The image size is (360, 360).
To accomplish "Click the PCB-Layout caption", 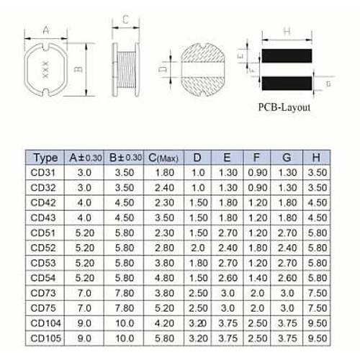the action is pyautogui.click(x=284, y=107).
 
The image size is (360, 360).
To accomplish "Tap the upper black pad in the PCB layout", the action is pyautogui.click(x=287, y=55).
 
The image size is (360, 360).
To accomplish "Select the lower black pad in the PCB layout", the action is pyautogui.click(x=287, y=84).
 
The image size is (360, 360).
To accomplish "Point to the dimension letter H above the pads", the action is pyautogui.click(x=287, y=32).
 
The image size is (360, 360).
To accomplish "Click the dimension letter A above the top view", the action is pyautogui.click(x=46, y=30).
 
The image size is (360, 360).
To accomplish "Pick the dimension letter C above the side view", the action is pyautogui.click(x=125, y=19).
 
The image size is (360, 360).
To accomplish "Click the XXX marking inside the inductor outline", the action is pyautogui.click(x=45, y=70).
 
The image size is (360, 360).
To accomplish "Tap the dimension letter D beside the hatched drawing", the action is pyautogui.click(x=163, y=69).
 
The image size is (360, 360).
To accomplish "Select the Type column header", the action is pyautogui.click(x=45, y=158).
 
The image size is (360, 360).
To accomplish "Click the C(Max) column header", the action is pyautogui.click(x=163, y=158).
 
